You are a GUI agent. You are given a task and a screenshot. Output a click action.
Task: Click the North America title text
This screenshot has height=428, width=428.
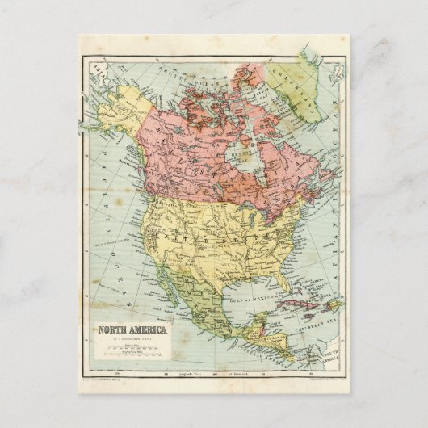tap(132, 330)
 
